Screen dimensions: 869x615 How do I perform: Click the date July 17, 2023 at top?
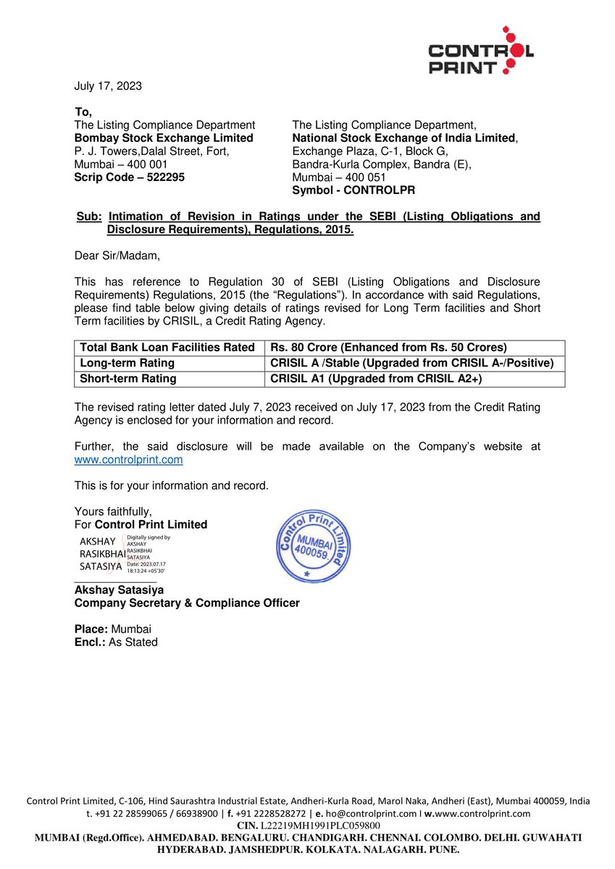pyautogui.click(x=108, y=86)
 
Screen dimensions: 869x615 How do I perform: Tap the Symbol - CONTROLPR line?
pyautogui.click(x=353, y=190)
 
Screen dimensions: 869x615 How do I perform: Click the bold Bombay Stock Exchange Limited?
pyautogui.click(x=164, y=138)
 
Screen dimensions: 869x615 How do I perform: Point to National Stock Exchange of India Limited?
pyautogui.click(x=404, y=138)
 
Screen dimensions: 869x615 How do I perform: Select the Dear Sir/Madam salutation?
pyautogui.click(x=117, y=256)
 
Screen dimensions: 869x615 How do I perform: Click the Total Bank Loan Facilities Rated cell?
pyautogui.click(x=167, y=348)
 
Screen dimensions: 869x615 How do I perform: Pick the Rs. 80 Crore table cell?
pyautogui.click(x=388, y=348)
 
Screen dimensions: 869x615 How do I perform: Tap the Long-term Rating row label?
pyautogui.click(x=127, y=364)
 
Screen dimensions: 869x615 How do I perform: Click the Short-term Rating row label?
pyautogui.click(x=128, y=379)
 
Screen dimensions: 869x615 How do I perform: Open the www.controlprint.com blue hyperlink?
pyautogui.click(x=128, y=460)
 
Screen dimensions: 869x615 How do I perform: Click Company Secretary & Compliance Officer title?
pyautogui.click(x=187, y=603)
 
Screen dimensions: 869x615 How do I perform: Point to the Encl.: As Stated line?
pyautogui.click(x=116, y=642)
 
